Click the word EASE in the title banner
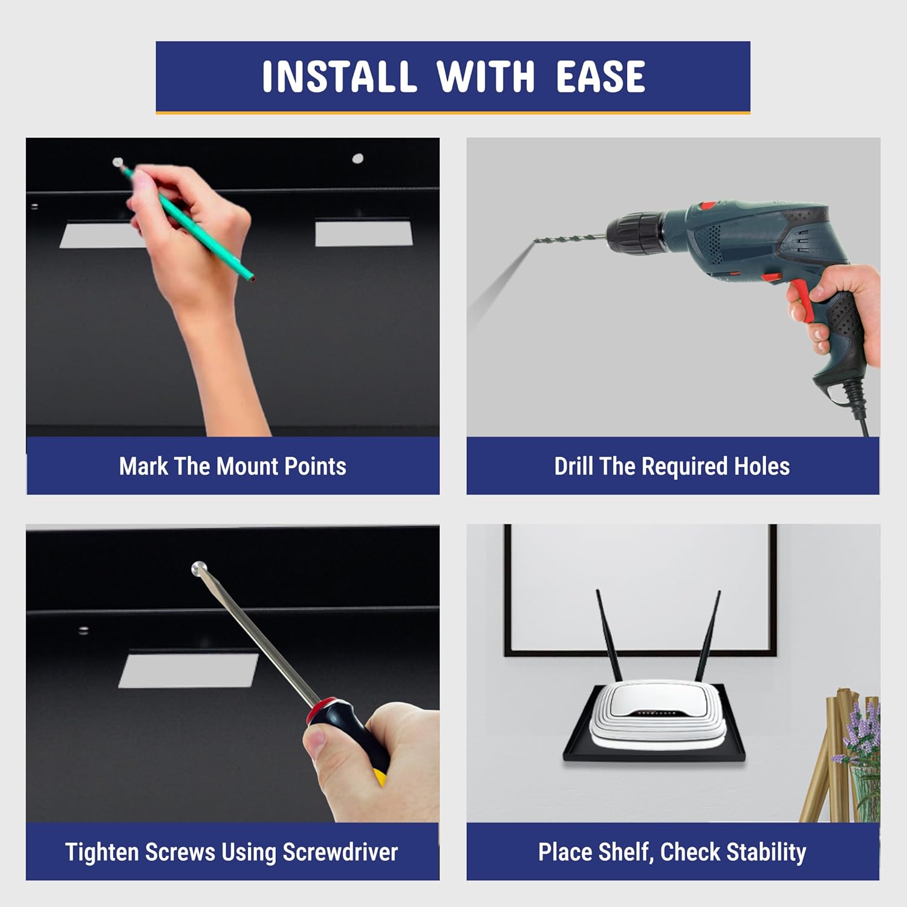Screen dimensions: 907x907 pos(600,77)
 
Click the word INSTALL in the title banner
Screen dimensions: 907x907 pos(339,77)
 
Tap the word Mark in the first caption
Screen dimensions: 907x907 pos(143,466)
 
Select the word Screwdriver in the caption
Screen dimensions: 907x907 pos(340,852)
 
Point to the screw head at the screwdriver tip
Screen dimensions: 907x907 pos(199,568)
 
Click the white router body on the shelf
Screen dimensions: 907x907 pos(657,717)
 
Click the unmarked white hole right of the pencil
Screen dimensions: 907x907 pos(357,158)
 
